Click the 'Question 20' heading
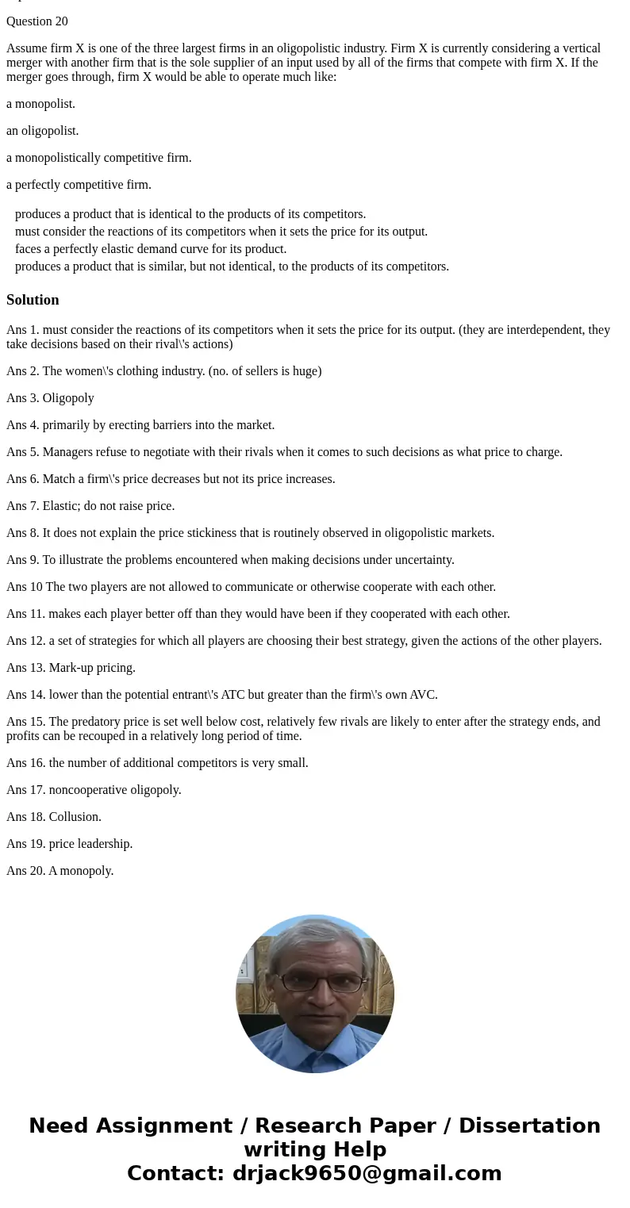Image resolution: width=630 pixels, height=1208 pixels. click(x=37, y=21)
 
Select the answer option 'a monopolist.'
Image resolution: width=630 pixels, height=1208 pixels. click(x=41, y=104)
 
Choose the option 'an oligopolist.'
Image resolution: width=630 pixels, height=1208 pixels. click(x=43, y=131)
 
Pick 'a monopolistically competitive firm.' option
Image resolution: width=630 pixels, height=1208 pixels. click(x=99, y=158)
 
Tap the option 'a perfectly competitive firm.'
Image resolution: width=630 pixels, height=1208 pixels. click(x=79, y=185)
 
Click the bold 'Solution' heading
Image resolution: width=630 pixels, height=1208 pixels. click(x=33, y=300)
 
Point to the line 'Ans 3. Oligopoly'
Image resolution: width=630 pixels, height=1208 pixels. click(x=50, y=398)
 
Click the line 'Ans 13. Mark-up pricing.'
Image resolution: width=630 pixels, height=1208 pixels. click(x=71, y=668)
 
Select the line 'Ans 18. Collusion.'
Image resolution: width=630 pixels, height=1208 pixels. click(x=54, y=817)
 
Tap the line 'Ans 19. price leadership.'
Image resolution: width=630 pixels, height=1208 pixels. click(x=69, y=844)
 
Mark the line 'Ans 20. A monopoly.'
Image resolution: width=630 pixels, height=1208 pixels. click(x=60, y=871)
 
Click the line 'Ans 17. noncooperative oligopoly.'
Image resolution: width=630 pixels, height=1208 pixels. click(x=94, y=790)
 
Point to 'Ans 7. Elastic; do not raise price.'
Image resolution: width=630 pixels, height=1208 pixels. click(x=90, y=506)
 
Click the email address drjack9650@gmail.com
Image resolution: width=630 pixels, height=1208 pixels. click(x=367, y=1173)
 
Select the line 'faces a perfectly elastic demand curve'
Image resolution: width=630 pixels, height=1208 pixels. click(x=151, y=249)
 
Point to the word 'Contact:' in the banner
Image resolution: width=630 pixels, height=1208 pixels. click(x=176, y=1173)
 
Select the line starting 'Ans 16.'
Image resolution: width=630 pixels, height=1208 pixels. click(x=157, y=763)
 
